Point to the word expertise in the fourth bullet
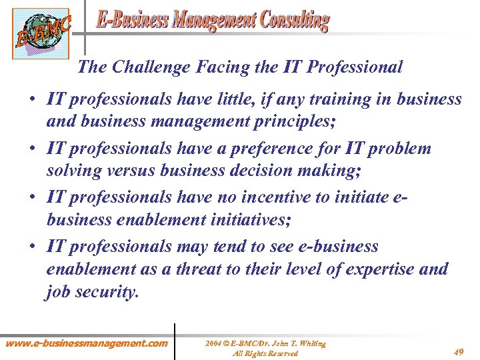382,269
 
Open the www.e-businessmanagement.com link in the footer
87,343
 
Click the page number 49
459,352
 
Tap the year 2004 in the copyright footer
213,344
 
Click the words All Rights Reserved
265,353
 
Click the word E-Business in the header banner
133,20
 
